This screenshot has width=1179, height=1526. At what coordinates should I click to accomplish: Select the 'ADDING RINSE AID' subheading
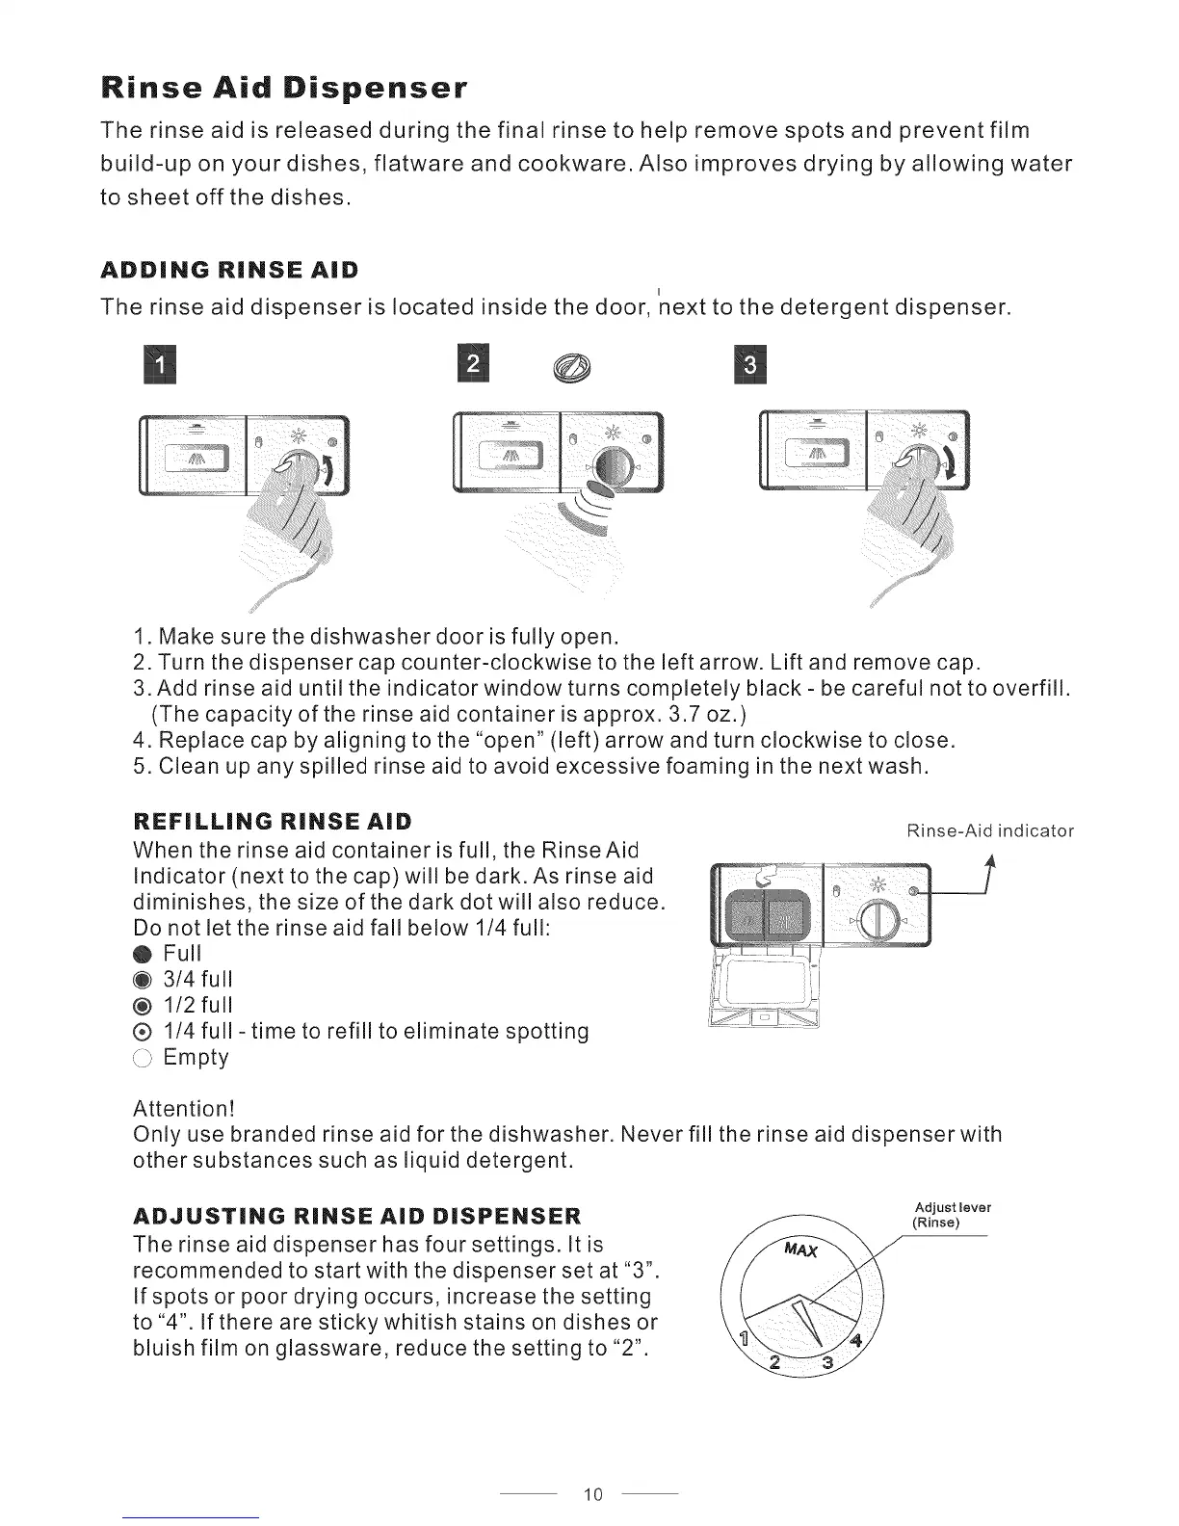[x=229, y=269]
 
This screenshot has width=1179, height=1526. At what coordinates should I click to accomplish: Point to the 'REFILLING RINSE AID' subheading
[x=272, y=822]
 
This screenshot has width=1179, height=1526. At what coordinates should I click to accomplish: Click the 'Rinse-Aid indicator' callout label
[x=990, y=831]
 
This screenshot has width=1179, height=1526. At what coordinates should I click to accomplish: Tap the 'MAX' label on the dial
[x=801, y=1250]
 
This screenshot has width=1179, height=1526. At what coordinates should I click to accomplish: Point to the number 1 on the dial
[x=742, y=1338]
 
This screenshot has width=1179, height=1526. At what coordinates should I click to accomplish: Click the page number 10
[x=591, y=1494]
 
